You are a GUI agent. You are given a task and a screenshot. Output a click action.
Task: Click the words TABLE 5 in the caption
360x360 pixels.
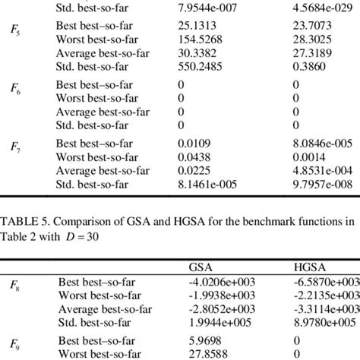(x=22, y=223)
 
